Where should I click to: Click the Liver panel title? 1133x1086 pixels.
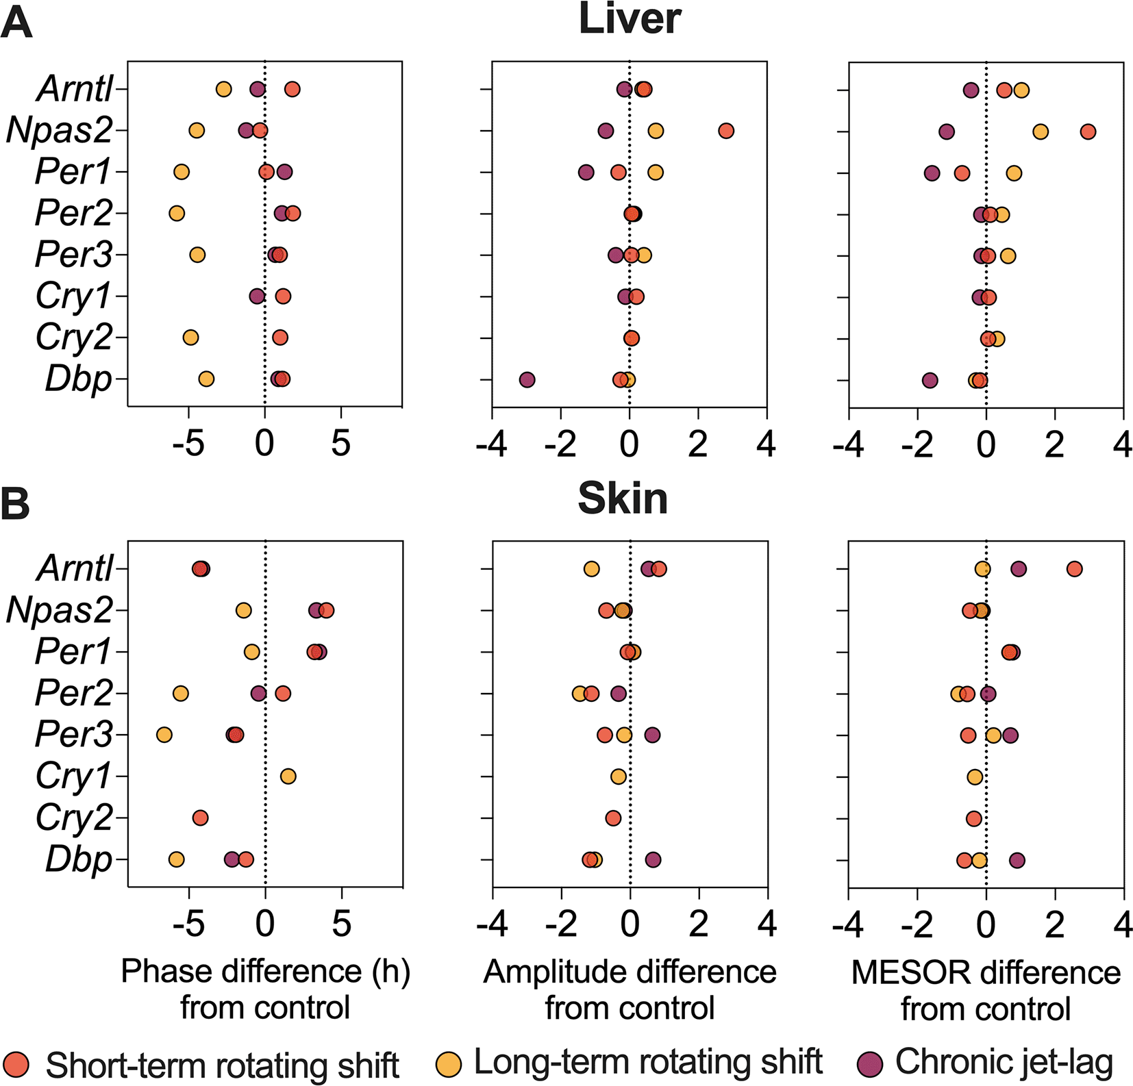coord(630,18)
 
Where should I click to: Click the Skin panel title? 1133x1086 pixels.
coord(623,498)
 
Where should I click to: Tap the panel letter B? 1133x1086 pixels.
coord(15,503)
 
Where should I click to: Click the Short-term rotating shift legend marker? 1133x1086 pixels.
coord(16,1064)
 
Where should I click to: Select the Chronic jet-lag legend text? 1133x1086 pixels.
coord(1004,1063)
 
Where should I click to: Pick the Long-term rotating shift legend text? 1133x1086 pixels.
coord(648,1063)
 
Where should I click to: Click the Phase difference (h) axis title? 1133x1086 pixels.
coord(265,972)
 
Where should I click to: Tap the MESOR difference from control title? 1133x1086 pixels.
coord(986,990)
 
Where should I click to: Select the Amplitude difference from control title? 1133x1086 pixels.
coord(630,990)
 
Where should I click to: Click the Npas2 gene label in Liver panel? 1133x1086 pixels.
coord(59,130)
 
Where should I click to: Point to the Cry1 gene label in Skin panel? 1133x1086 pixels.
coord(73,776)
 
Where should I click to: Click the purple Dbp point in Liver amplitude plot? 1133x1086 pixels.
coord(527,379)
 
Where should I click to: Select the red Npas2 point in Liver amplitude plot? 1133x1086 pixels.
coord(726,131)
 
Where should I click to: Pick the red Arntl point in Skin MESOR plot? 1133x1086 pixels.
coord(1074,569)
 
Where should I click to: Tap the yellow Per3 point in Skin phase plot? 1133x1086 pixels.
coord(164,735)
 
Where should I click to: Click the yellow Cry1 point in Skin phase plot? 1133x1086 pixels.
coord(288,776)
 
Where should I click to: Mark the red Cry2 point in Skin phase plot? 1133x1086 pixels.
coord(200,818)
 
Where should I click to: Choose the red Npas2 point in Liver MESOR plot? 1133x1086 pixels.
coord(1088,131)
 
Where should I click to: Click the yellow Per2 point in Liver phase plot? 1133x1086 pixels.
coord(177,214)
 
